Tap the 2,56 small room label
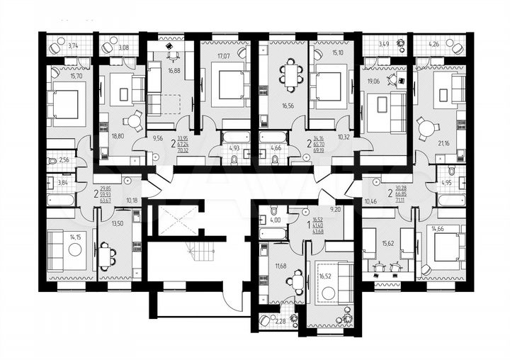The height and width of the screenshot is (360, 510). coord(63,160)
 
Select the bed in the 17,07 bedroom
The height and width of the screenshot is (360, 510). coord(228,86)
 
